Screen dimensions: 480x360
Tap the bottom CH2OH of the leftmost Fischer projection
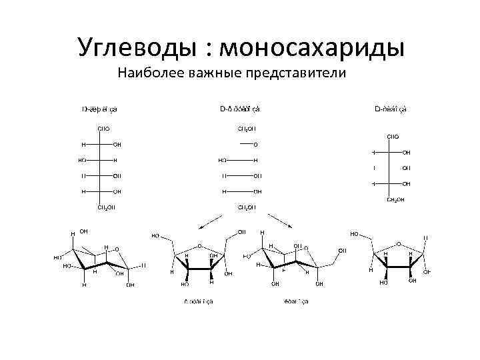pyautogui.click(x=106, y=207)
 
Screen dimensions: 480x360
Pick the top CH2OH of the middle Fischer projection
pyautogui.click(x=246, y=128)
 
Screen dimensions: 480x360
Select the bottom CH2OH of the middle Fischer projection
pyautogui.click(x=246, y=207)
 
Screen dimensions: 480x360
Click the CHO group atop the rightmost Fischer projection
pyautogui.click(x=393, y=137)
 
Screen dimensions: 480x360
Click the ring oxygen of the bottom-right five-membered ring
pyautogui.click(x=399, y=244)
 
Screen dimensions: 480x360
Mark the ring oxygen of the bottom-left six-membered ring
pyautogui.click(x=117, y=249)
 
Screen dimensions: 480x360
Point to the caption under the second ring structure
pyautogui.click(x=198, y=301)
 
